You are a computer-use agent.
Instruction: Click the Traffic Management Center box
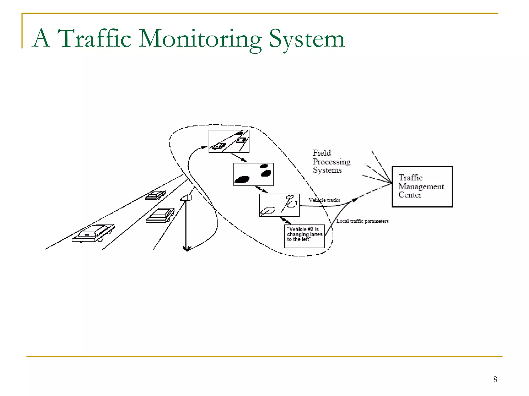pos(422,187)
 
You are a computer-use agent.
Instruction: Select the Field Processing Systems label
pos(331,161)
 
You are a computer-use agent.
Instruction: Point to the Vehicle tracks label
pos(324,200)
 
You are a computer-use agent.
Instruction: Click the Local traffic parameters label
pos(362,221)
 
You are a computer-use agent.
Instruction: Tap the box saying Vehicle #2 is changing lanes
pos(304,236)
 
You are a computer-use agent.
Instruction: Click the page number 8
pos(495,379)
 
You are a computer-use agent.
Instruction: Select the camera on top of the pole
pos(186,198)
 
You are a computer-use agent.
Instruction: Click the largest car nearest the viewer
pos(93,233)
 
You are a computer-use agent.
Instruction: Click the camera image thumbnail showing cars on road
pos(229,141)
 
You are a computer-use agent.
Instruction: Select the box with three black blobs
pos(253,174)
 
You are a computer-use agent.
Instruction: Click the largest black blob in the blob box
pos(242,179)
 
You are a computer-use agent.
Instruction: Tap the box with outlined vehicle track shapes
pos(279,205)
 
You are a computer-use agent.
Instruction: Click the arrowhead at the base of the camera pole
pos(186,249)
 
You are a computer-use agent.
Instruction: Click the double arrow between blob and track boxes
pos(261,189)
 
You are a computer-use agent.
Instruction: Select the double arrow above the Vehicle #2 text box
pos(285,221)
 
